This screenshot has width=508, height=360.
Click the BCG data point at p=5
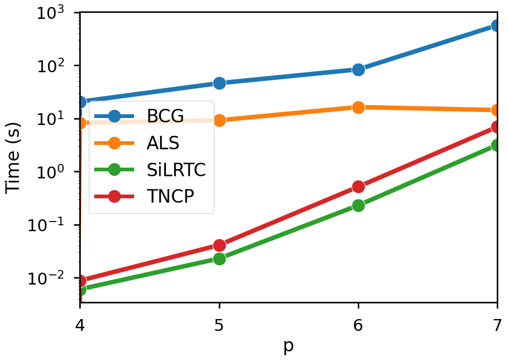[x=219, y=83]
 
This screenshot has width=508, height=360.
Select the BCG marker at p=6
[x=358, y=70]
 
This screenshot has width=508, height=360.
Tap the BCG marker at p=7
[x=497, y=26]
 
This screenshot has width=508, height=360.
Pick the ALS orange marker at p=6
[x=358, y=107]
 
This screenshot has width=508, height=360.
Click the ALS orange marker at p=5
[x=219, y=120]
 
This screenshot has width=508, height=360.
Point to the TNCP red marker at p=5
[x=219, y=246]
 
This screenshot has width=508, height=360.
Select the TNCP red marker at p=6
[x=358, y=186]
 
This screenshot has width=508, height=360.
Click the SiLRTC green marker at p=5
[x=219, y=259]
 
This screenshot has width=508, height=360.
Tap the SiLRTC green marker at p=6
[x=358, y=205]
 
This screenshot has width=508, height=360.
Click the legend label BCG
[x=165, y=115]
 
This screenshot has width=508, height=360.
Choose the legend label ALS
[x=163, y=143]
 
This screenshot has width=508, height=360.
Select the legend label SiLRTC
[x=176, y=170]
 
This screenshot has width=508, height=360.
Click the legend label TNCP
[x=170, y=197]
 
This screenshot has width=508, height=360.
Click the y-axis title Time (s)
[x=15, y=156]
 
